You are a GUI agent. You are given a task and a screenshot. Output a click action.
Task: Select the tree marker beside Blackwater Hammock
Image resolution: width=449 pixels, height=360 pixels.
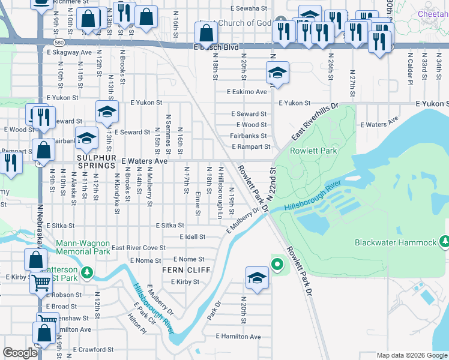tap(444, 241)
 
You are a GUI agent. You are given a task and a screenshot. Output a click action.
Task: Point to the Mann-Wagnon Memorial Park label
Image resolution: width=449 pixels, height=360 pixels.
tap(83, 248)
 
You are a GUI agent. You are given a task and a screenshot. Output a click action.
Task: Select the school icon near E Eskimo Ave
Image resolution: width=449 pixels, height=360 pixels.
tap(277, 73)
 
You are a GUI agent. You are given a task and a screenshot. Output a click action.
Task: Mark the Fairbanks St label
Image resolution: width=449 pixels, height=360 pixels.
tap(248, 136)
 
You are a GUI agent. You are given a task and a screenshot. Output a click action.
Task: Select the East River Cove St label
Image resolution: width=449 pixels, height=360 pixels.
tap(138, 248)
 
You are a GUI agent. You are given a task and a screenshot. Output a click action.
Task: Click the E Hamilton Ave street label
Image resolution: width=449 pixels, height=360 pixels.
tap(238, 337)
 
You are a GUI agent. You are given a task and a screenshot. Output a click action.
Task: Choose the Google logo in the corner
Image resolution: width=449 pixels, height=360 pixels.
tap(20, 353)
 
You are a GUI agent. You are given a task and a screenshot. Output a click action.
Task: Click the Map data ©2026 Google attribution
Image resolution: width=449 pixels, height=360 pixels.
tap(411, 355)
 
